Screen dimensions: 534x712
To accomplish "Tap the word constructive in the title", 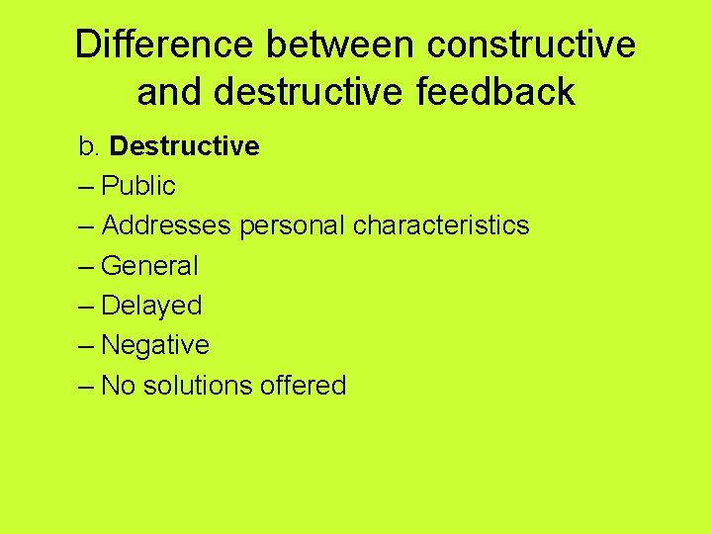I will (x=535, y=44).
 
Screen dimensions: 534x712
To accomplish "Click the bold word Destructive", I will (x=185, y=147).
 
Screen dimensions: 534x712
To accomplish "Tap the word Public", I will (x=138, y=186).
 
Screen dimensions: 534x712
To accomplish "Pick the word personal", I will (x=291, y=225).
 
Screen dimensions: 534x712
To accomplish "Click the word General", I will (x=150, y=266).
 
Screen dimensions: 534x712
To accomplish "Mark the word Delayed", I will (x=151, y=306).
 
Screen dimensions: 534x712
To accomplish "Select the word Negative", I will (x=155, y=345).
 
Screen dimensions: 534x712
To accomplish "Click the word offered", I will (x=303, y=385).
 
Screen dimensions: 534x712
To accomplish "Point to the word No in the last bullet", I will (x=119, y=385).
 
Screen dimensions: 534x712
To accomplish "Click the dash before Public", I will (x=86, y=186).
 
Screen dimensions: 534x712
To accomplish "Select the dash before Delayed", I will (x=86, y=306).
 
